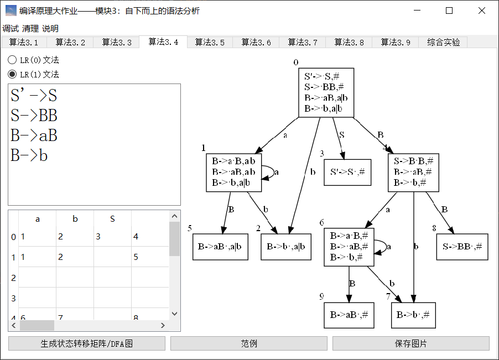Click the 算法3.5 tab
(x=210, y=42)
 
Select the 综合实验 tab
(x=443, y=42)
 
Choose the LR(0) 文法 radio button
(x=12, y=60)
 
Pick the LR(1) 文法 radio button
(x=12, y=74)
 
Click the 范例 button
(x=248, y=343)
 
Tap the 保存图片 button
(x=410, y=343)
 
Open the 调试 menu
(x=11, y=28)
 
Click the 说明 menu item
(x=50, y=28)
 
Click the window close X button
(x=481, y=11)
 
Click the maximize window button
(x=449, y=11)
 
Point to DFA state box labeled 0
(x=326, y=92)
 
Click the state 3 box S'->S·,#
(x=347, y=172)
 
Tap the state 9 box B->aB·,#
(x=349, y=315)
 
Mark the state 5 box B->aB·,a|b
(x=220, y=247)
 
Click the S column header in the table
(x=112, y=219)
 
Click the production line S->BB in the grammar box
(x=34, y=116)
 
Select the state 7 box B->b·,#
(x=413, y=315)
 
